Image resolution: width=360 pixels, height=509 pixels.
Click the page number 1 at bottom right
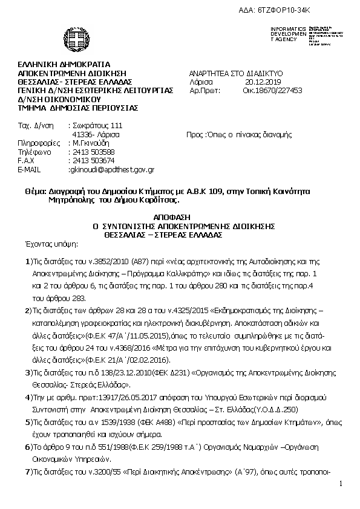point(341,484)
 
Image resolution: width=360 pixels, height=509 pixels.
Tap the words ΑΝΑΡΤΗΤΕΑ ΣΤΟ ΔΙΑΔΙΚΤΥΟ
point(236,73)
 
